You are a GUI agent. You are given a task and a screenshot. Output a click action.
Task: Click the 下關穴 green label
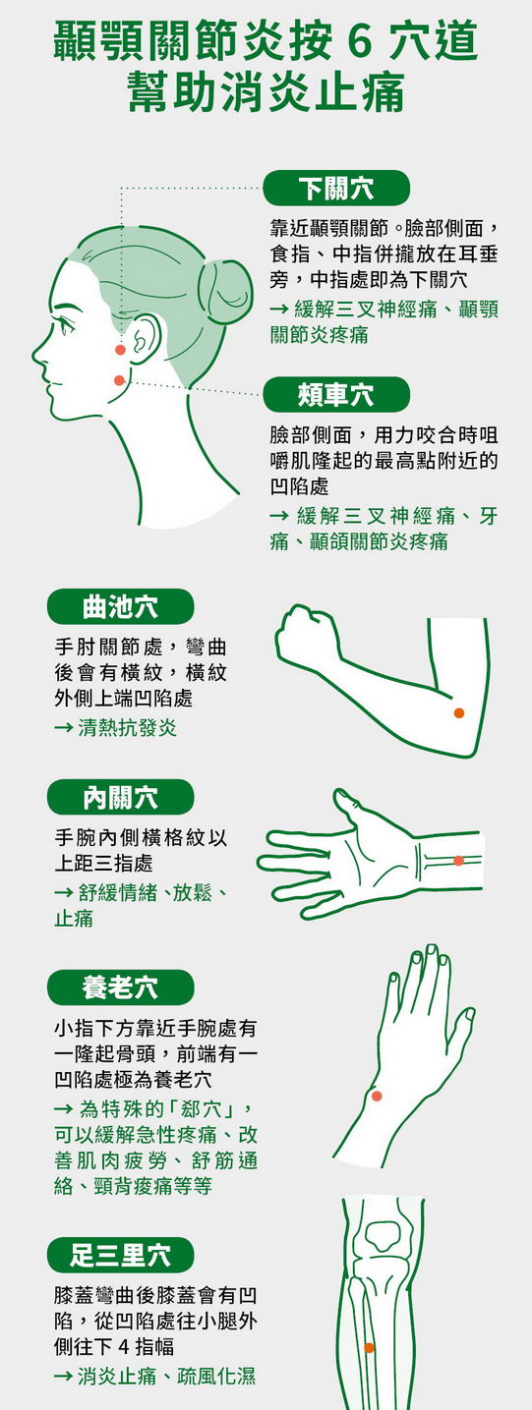[x=336, y=189]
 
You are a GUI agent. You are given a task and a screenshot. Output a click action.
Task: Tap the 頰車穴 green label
[x=336, y=395]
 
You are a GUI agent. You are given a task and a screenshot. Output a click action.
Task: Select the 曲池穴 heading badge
[x=120, y=607]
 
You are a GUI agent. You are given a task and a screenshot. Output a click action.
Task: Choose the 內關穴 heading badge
[x=120, y=798]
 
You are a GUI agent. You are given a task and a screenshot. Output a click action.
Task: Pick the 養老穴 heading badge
[x=120, y=987]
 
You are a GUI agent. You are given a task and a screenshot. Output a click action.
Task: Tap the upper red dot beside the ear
[x=120, y=350]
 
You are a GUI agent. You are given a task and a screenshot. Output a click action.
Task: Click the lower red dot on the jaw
[x=119, y=379]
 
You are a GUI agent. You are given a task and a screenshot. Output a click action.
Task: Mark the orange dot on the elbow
[x=459, y=713]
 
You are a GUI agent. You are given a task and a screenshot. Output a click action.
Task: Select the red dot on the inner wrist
[x=458, y=861]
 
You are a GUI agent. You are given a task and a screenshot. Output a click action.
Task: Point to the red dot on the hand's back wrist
[x=377, y=1096]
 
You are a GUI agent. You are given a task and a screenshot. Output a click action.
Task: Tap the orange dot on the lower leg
[x=370, y=1348]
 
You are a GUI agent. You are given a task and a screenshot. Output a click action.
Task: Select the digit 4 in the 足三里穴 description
[x=124, y=1347]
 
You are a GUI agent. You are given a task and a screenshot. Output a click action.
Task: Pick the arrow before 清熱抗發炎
[x=64, y=728]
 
